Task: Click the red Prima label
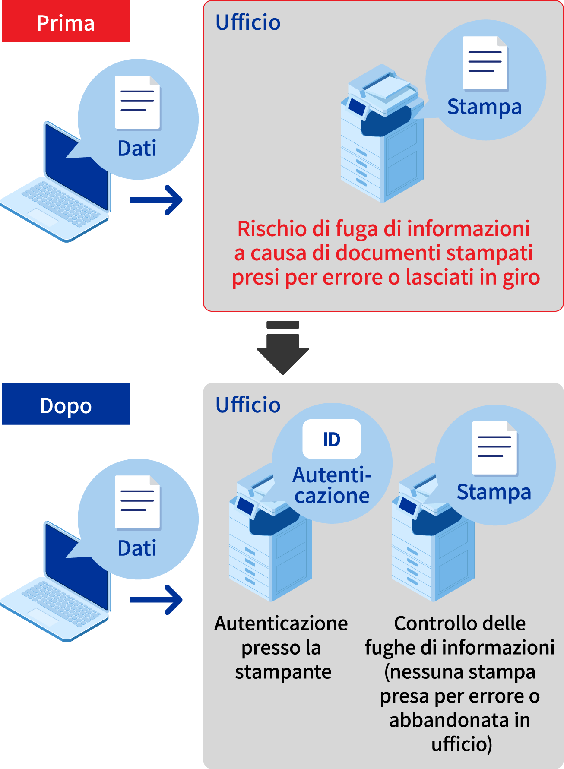66,22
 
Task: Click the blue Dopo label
66,405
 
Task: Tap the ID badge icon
332,439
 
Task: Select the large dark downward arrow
283,350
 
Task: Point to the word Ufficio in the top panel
248,22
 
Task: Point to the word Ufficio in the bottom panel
248,405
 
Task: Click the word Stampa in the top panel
485,107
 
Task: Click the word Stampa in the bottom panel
494,492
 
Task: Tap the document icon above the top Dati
138,103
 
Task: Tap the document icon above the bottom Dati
138,503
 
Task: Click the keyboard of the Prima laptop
60,203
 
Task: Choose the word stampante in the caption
283,672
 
